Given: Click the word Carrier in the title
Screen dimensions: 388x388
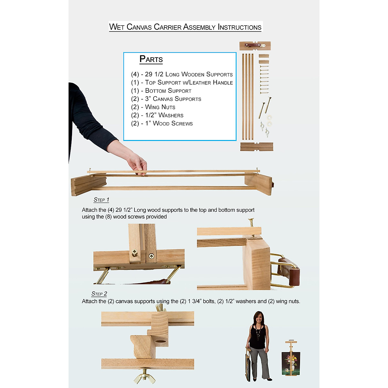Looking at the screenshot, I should coord(167,27).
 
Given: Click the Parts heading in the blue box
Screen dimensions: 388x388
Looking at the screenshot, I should coord(151,59).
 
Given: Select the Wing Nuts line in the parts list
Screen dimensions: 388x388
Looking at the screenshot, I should coord(153,107).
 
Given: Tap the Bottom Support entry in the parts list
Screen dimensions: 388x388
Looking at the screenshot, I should coord(161,91).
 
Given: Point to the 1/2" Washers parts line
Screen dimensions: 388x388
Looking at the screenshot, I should coord(157,115).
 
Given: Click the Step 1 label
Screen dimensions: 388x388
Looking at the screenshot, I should coord(101,200).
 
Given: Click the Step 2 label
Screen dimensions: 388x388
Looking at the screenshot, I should coord(99,294).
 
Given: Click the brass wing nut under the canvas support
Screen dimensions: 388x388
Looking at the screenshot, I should coord(144,377).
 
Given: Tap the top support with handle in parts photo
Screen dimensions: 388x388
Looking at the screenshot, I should coord(255,46).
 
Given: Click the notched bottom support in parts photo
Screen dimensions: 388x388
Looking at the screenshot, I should coord(256,146).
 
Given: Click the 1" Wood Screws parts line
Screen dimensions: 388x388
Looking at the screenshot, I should coord(162,124).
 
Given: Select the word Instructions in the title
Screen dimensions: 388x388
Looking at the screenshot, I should coord(240,27).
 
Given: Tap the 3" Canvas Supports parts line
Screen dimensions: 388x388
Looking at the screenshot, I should coord(166,99).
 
